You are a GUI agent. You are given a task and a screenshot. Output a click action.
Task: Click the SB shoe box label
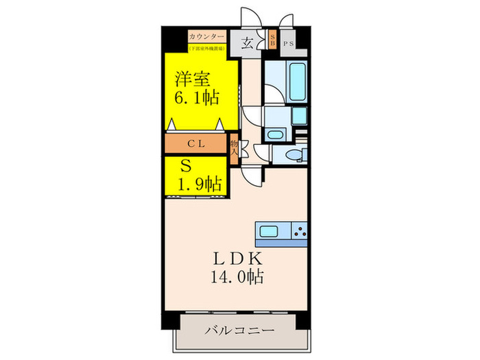click(273, 40)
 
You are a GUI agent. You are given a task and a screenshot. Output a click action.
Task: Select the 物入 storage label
click(235, 149)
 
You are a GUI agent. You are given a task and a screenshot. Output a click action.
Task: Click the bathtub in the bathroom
click(297, 81)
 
